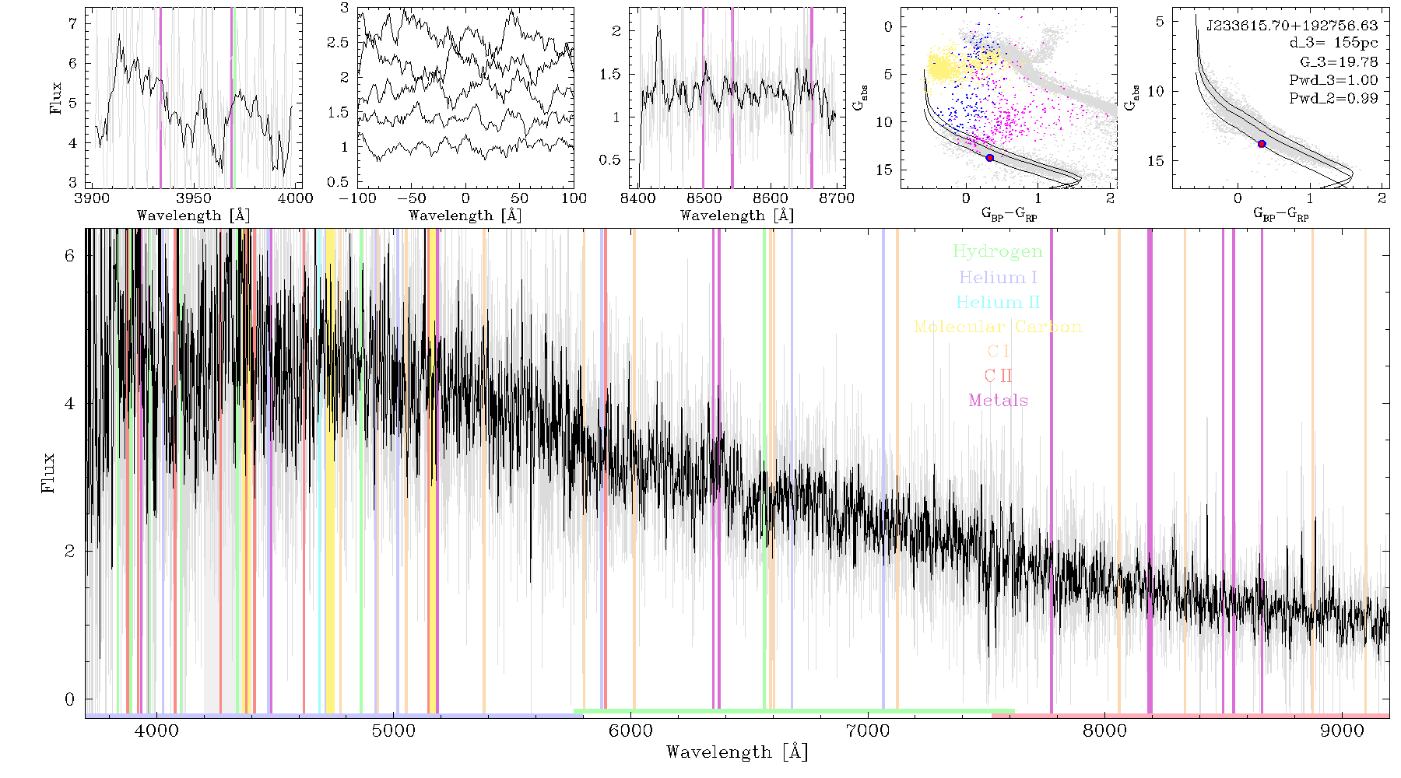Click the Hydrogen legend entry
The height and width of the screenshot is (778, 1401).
click(x=997, y=251)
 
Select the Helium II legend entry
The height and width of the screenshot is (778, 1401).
click(x=998, y=302)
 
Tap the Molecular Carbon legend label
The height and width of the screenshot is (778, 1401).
click(x=998, y=327)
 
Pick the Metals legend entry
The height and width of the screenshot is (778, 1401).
click(x=998, y=401)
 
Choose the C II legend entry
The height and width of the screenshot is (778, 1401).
click(x=998, y=376)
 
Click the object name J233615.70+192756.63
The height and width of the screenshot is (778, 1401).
click(x=1292, y=26)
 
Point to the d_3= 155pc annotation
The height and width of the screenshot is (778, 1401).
click(x=1334, y=43)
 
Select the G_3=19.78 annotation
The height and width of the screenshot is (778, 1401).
click(x=1339, y=61)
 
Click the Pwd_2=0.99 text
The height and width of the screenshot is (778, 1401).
click(x=1333, y=98)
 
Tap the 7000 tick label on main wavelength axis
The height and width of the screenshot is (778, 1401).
click(x=867, y=731)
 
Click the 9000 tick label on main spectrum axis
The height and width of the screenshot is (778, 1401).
click(x=1342, y=731)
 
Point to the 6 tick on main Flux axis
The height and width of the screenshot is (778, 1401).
click(x=70, y=256)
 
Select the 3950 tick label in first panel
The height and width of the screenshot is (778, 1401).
click(x=194, y=198)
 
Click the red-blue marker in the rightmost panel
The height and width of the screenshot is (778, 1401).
click(x=1262, y=144)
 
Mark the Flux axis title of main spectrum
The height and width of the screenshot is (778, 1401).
click(x=49, y=473)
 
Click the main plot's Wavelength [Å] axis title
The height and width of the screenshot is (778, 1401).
click(x=737, y=752)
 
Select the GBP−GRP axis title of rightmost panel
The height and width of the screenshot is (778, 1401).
click(x=1280, y=214)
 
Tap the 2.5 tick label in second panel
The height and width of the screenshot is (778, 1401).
click(x=338, y=43)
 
